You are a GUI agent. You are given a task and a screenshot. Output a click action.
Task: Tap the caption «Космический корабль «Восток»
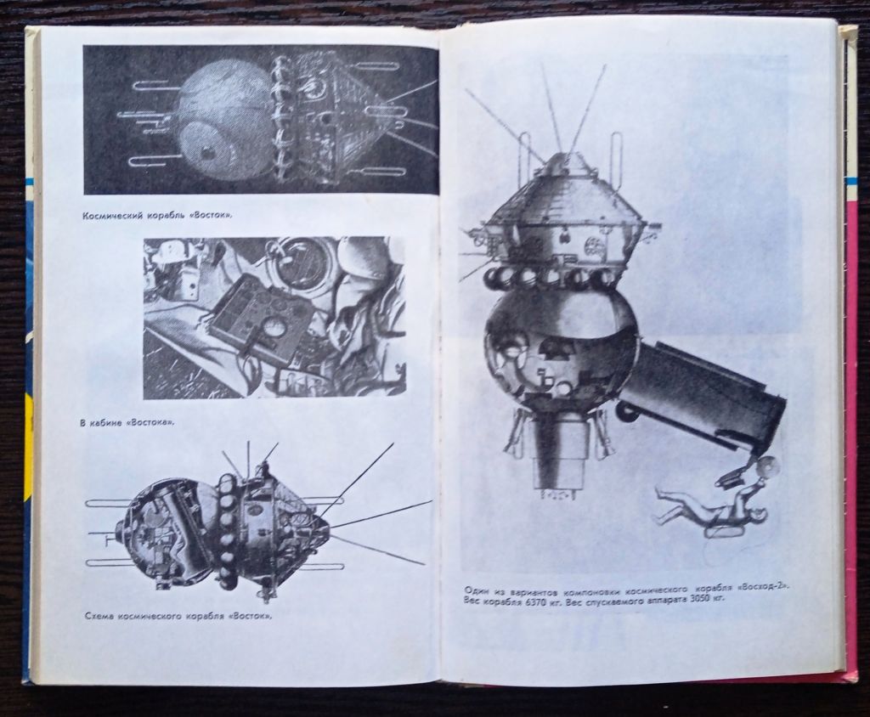coord(157,216)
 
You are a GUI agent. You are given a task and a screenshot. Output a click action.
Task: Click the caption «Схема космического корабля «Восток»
coord(179,617)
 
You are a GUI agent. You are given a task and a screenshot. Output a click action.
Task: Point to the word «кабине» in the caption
coord(106,423)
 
